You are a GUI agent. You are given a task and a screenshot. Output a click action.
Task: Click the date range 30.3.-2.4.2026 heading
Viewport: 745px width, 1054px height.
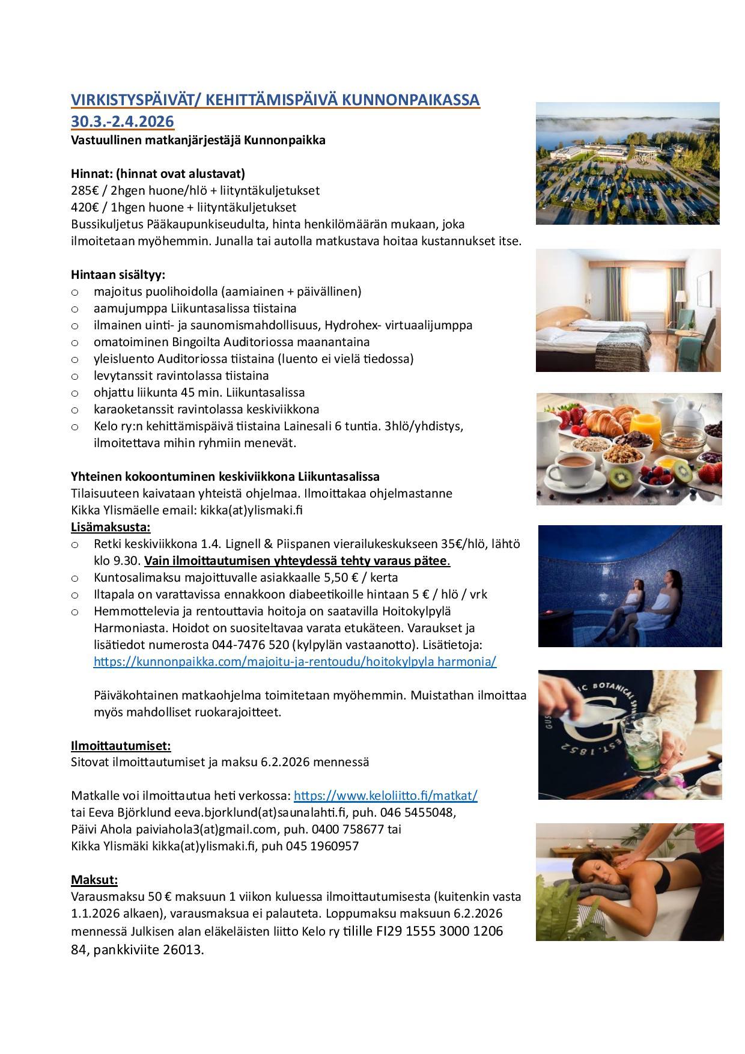123,121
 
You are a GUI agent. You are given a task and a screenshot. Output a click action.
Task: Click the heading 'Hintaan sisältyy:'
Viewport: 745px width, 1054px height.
117,275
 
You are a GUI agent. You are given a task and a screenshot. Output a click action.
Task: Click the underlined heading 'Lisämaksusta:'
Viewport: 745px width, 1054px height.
111,527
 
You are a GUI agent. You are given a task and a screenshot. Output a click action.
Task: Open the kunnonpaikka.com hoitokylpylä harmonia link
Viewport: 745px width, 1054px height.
295,662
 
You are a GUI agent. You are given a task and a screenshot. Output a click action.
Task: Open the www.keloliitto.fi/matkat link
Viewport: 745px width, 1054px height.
385,796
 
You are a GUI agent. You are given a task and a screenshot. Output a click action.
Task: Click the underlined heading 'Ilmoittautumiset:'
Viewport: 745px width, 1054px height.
121,746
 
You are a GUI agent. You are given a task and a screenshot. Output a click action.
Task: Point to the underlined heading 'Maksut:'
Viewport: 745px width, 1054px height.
94,880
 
